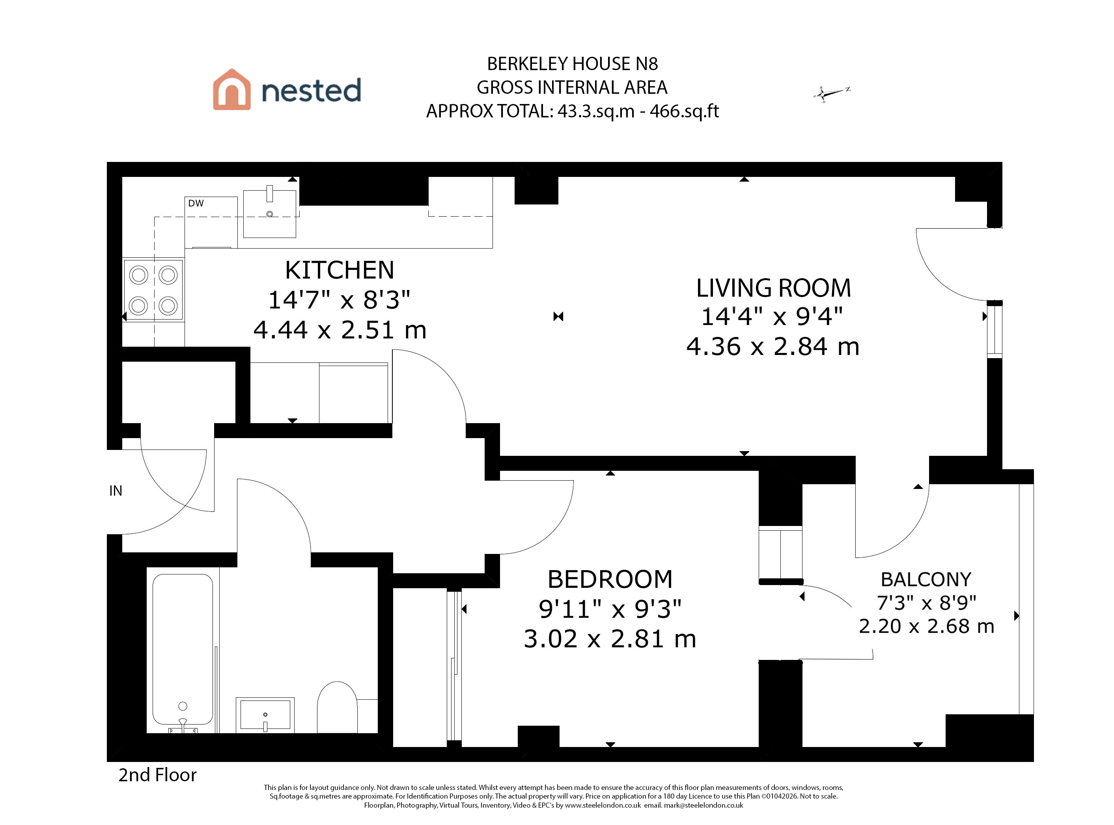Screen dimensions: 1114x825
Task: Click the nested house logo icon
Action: point(232,89)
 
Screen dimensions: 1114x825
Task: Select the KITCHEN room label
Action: point(340,270)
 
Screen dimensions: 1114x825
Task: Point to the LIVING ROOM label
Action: point(773,288)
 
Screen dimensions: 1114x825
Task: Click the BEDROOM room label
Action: point(610,579)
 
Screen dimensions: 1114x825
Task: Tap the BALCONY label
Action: point(926,579)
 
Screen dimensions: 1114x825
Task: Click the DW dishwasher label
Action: point(196,203)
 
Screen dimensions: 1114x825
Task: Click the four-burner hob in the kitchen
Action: point(153,290)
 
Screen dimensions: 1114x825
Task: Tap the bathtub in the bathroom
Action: point(183,649)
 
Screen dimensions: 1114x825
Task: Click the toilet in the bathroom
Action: point(338,707)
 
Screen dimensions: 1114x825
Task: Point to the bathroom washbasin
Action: point(265,715)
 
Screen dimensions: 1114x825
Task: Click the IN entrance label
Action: point(116,491)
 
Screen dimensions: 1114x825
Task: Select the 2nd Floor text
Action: point(157,775)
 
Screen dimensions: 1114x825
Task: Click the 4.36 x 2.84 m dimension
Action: point(773,347)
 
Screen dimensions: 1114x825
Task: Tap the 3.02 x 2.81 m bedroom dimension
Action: point(610,639)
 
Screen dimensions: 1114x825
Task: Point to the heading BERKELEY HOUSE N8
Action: point(572,64)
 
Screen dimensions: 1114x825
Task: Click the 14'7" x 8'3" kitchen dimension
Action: point(340,300)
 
